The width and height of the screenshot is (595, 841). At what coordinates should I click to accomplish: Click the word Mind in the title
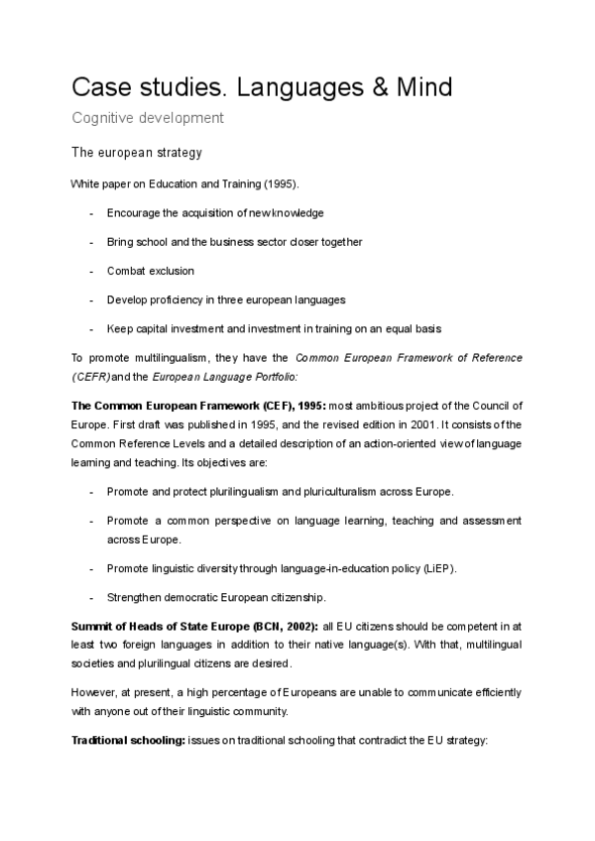417,87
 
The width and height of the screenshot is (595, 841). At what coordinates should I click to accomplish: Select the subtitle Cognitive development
148,119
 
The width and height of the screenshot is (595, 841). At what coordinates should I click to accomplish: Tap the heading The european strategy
137,153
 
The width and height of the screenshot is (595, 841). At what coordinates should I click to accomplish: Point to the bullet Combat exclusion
150,271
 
